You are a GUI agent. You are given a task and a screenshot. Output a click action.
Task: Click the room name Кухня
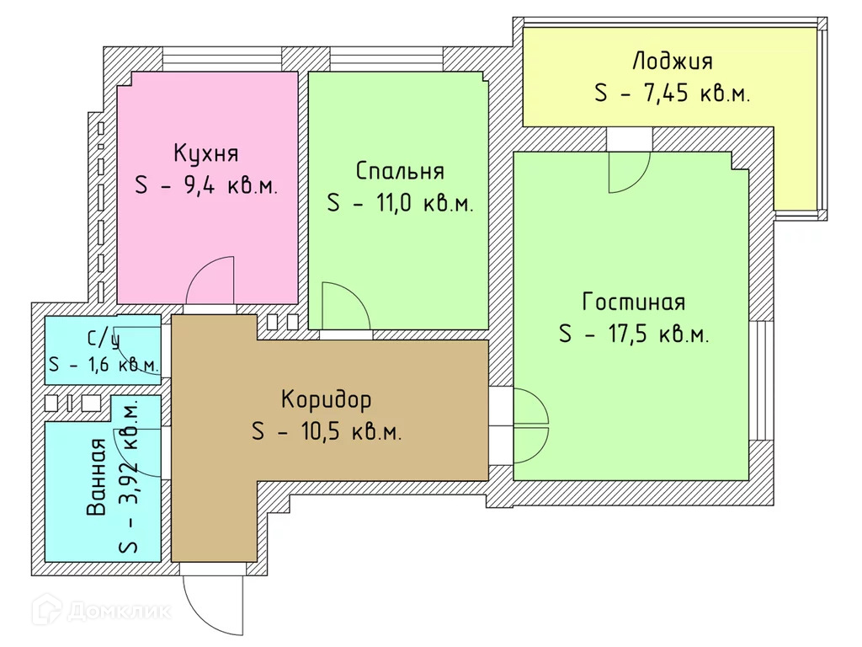[x=205, y=153]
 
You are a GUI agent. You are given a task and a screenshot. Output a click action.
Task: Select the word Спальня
[x=400, y=171]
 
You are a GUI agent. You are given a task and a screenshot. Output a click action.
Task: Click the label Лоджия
[x=672, y=61]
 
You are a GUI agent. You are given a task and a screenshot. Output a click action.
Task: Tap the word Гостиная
[x=633, y=302]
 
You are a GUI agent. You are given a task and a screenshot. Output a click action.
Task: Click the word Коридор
[x=326, y=398]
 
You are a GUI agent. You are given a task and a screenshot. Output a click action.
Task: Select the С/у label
[x=102, y=339]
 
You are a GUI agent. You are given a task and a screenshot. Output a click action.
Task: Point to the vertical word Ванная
[x=97, y=478]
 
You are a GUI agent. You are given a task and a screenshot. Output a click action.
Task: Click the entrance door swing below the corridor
[x=211, y=603]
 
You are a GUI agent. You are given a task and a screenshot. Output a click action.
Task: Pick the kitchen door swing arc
[x=210, y=281]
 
